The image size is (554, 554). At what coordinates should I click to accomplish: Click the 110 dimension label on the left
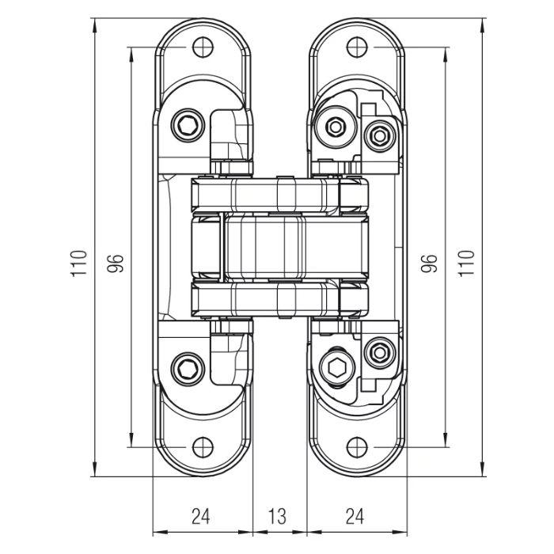(x=79, y=264)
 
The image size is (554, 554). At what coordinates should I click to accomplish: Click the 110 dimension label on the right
(x=465, y=264)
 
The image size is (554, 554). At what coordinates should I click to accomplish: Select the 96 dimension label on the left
(x=116, y=264)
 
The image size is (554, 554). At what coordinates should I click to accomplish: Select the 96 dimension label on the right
(x=429, y=264)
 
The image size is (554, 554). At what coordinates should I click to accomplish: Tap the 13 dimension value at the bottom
(x=277, y=516)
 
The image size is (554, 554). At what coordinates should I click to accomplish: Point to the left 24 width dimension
(x=201, y=516)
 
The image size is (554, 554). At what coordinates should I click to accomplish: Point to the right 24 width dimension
(x=355, y=516)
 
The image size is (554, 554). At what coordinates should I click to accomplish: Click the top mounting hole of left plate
(x=203, y=47)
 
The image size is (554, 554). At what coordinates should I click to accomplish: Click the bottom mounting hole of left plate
(x=203, y=447)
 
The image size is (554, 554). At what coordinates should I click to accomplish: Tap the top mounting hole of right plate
(x=357, y=47)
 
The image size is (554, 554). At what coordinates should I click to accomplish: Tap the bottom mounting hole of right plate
(x=357, y=447)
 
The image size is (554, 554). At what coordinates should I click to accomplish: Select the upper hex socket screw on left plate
(x=188, y=125)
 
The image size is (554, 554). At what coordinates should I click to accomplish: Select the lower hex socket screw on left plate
(x=188, y=370)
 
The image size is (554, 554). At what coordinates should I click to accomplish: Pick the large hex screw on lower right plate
(x=337, y=369)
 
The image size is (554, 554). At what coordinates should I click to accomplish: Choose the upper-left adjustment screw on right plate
(x=336, y=126)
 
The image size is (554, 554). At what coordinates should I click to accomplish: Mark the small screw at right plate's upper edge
(x=380, y=135)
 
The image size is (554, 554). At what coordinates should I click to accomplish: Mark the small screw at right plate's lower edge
(x=380, y=352)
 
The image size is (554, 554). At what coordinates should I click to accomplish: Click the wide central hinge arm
(x=280, y=247)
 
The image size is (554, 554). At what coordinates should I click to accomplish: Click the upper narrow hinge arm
(x=280, y=195)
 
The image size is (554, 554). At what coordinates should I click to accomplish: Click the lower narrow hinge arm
(x=280, y=299)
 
